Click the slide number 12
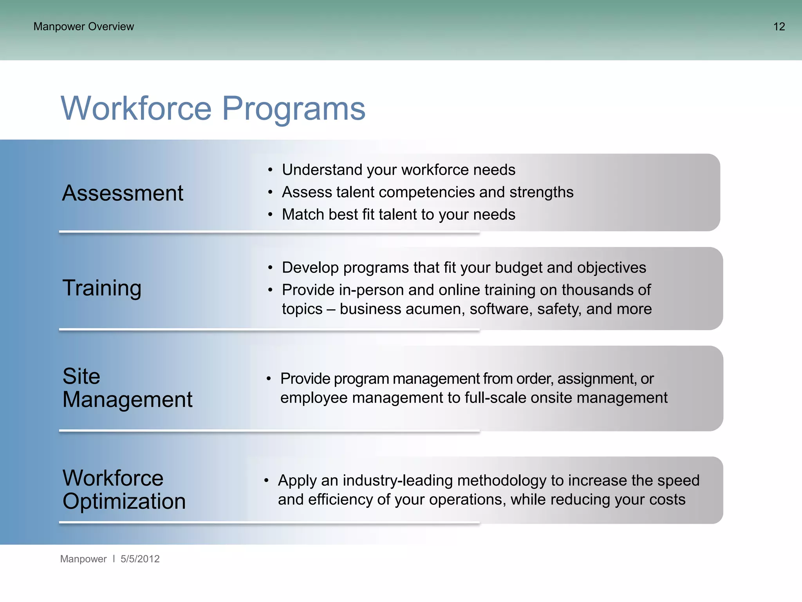coord(779,27)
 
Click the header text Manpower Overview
coord(83,27)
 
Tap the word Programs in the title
coord(293,109)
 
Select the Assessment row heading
coord(123,193)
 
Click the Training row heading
coord(102,288)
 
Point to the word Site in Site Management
coord(81,376)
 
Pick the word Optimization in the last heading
coord(124,501)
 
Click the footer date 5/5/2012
coord(140,559)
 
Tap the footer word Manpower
coord(83,559)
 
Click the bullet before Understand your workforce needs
coord(270,170)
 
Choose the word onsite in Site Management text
coord(550,398)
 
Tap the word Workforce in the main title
coord(136,109)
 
